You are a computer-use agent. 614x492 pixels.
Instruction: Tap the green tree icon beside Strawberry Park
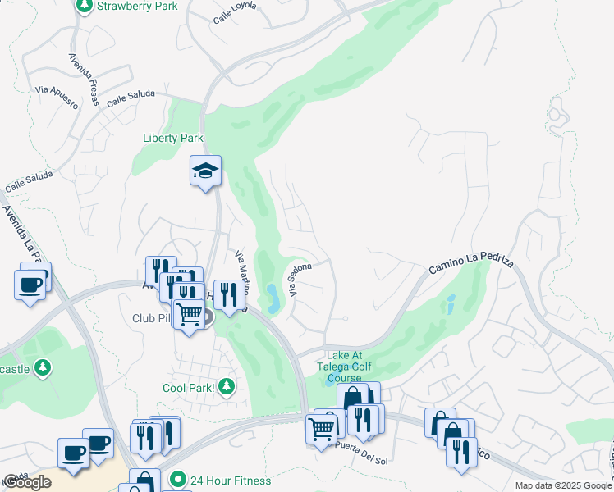[x=84, y=6]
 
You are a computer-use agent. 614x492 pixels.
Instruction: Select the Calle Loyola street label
[x=234, y=11]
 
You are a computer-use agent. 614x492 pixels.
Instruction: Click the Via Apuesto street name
[x=57, y=99]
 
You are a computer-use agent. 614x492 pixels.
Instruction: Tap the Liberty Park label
[x=172, y=139]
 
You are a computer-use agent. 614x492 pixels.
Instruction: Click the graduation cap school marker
[x=205, y=171]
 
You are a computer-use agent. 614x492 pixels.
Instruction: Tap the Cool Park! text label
[x=188, y=387]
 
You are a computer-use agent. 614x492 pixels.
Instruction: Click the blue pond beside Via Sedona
[x=273, y=296]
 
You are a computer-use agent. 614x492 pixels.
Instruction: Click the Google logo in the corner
[x=27, y=482]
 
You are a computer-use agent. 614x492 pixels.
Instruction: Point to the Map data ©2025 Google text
[x=562, y=485]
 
